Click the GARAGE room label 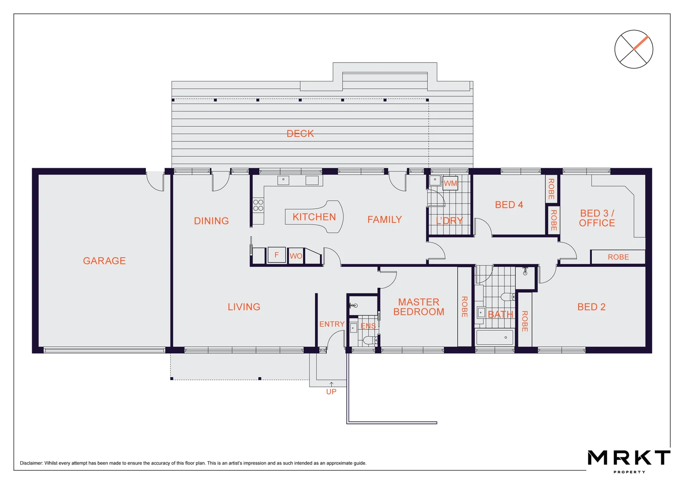(x=104, y=261)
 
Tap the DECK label (x=300, y=134)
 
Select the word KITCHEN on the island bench (x=314, y=217)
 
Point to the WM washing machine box (x=450, y=183)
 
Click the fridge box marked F (x=277, y=255)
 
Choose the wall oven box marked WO (x=296, y=256)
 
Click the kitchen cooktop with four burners (x=258, y=205)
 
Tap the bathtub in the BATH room (x=494, y=337)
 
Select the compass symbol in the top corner (x=633, y=49)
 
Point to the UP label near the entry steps (x=331, y=392)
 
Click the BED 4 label (x=509, y=205)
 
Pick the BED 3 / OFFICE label (x=597, y=218)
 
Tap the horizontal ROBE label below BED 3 (x=618, y=257)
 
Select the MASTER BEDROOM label (x=419, y=307)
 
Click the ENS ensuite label (x=368, y=326)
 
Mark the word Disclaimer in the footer (x=31, y=463)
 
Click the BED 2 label (x=591, y=307)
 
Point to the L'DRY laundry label (x=449, y=220)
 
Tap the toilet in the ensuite (x=369, y=341)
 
